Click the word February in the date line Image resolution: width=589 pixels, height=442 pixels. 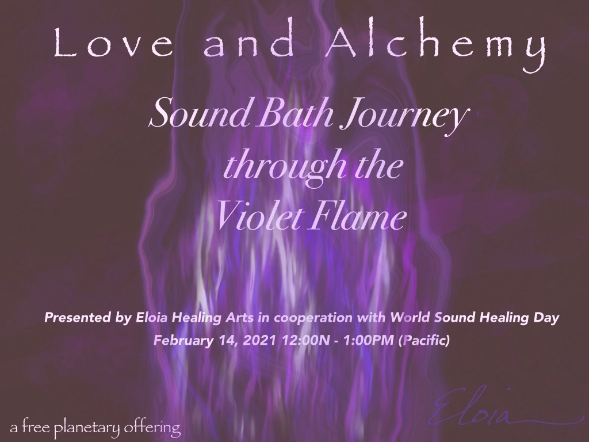coord(181,339)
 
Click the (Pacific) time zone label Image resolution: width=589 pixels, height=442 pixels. coord(427,339)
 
